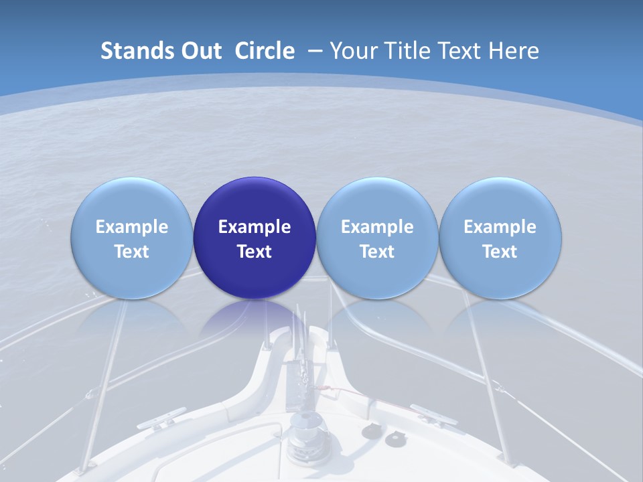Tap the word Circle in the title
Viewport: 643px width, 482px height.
point(265,51)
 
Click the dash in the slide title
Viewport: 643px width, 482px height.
point(315,51)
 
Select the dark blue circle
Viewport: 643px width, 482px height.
point(255,238)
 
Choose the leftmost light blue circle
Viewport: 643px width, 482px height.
point(131,238)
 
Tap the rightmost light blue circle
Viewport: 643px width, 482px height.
point(500,238)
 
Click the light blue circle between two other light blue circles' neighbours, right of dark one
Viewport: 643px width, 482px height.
point(377,238)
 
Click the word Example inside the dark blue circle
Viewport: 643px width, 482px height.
point(255,227)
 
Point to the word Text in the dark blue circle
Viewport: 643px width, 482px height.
point(255,252)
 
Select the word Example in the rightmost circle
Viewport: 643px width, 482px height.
point(500,227)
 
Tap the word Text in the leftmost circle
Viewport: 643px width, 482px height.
point(131,252)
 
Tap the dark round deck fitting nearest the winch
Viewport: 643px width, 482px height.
point(370,432)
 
